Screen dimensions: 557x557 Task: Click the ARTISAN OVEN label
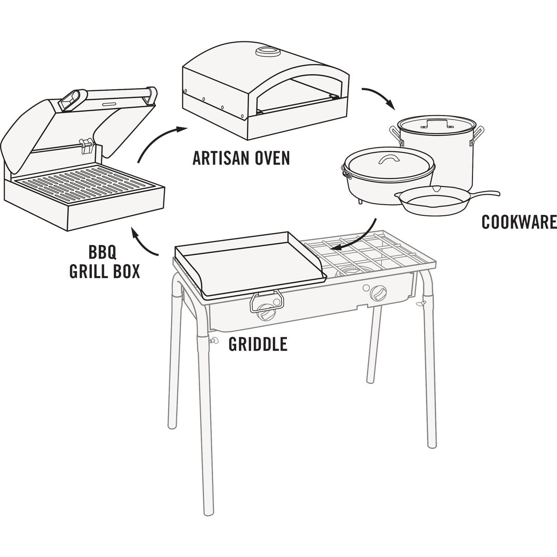click(241, 158)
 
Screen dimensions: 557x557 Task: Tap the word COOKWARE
click(518, 222)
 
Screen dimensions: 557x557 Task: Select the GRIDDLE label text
click(258, 344)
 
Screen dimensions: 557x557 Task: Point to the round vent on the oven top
click(267, 52)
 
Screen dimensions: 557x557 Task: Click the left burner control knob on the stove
click(267, 313)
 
